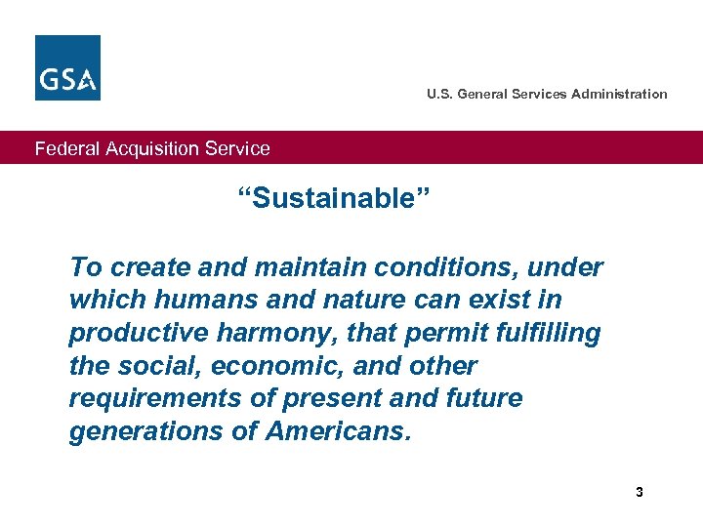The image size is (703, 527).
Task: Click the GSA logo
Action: [67, 67]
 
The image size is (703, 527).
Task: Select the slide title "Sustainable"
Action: [334, 199]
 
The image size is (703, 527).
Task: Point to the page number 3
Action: [640, 492]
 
